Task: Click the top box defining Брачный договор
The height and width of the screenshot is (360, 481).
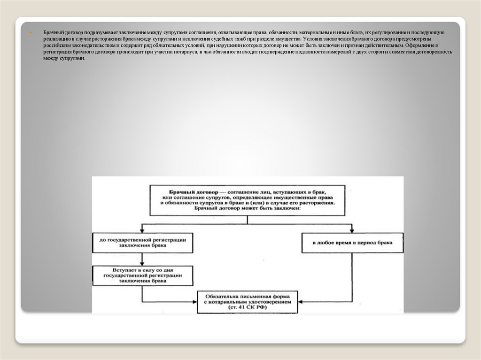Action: (248, 200)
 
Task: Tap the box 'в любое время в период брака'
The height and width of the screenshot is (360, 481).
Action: (352, 244)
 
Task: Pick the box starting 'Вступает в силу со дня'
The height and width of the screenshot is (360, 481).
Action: (142, 276)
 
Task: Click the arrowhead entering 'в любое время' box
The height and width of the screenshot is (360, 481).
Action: (352, 231)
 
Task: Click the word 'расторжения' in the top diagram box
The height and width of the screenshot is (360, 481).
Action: (316, 204)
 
